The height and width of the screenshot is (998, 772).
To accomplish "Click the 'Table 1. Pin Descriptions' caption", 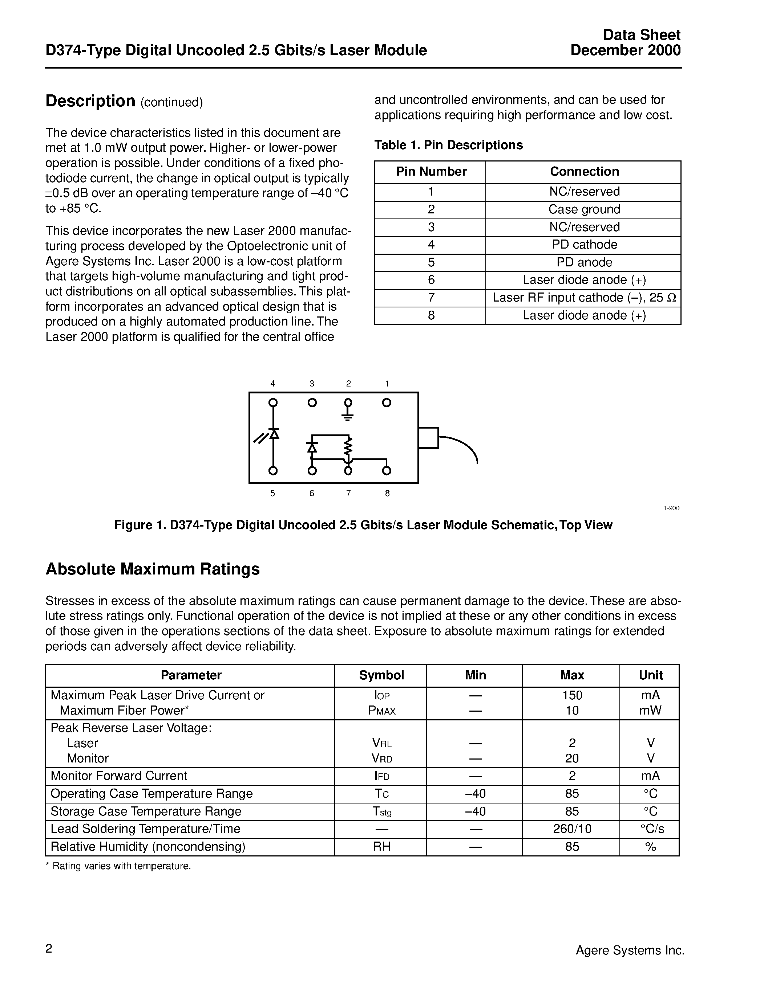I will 448,145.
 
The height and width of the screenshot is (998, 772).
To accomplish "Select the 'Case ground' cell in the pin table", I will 584,209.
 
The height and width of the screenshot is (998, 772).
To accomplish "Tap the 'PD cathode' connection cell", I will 584,245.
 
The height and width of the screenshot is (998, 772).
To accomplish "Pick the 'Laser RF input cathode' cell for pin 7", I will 584,298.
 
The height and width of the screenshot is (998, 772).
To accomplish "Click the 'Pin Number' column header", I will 431,171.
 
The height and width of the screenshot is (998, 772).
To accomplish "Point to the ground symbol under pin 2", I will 348,416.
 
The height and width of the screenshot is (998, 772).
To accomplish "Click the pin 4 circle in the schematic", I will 273,402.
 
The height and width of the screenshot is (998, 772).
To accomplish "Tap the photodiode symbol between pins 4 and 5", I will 274,434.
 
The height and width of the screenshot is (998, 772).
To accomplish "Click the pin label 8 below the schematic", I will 387,493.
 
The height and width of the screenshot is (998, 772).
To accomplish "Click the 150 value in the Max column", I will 572,695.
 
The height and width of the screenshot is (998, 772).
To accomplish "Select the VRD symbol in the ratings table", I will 382,758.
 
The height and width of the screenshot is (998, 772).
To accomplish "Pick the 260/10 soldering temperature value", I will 572,829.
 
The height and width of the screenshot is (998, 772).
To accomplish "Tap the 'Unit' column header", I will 650,675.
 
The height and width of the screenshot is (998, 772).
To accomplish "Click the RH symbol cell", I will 381,847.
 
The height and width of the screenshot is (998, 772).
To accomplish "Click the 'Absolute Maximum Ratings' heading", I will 153,569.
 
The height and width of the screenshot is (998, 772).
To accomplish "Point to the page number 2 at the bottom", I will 49,949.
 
